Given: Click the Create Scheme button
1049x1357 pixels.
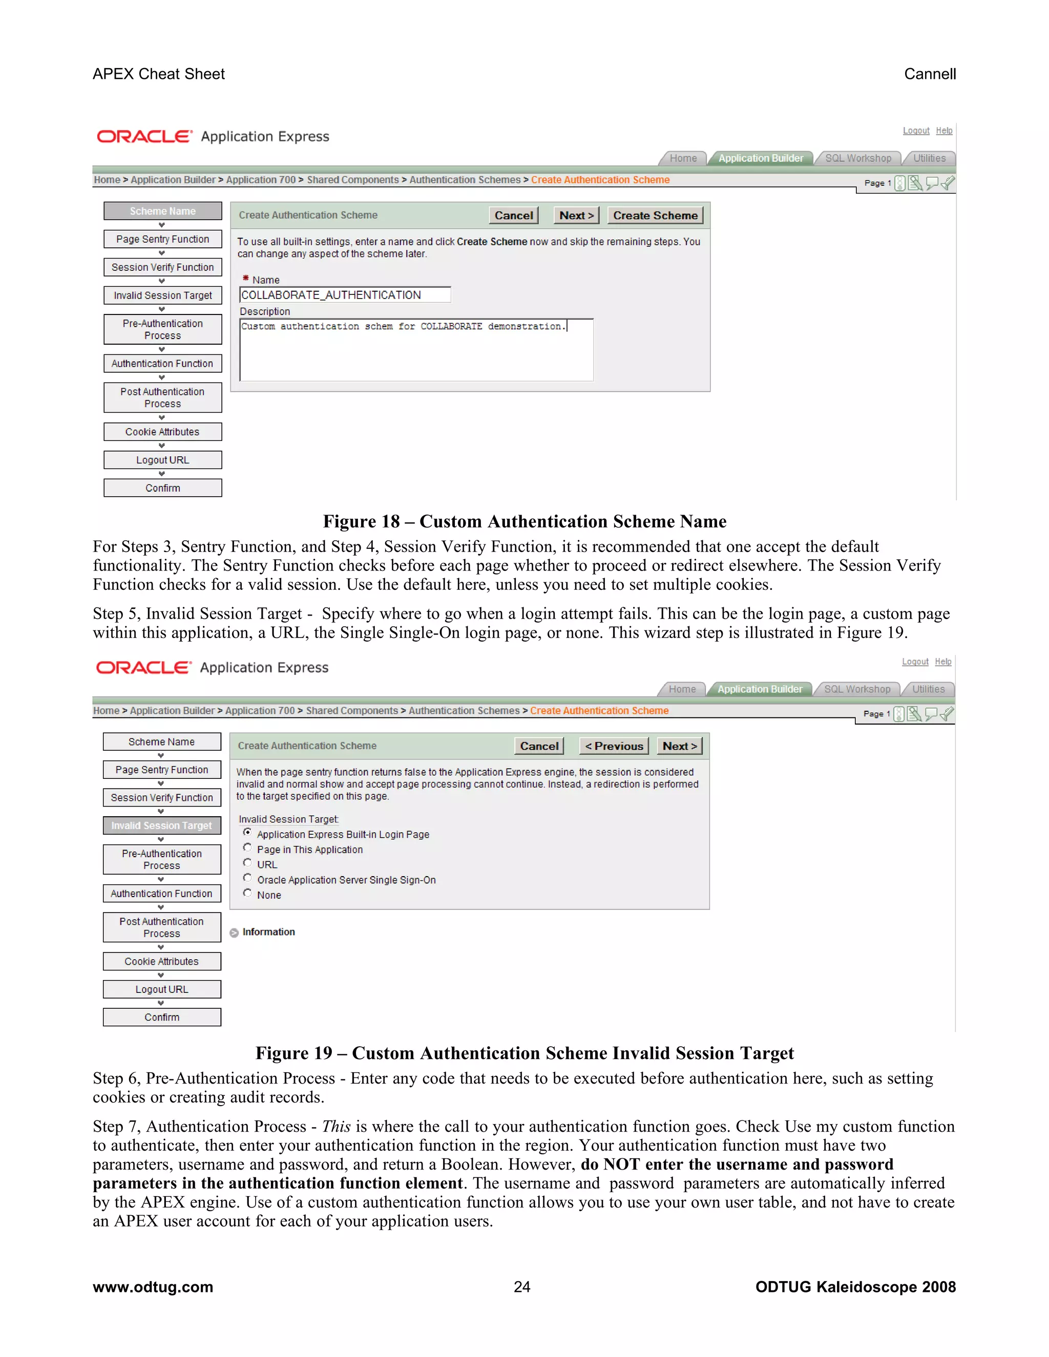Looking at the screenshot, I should (655, 216).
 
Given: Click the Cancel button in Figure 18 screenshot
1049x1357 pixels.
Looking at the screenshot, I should (513, 216).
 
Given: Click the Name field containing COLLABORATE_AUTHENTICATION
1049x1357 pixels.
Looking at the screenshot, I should (345, 295).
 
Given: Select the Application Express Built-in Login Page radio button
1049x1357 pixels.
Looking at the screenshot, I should (247, 833).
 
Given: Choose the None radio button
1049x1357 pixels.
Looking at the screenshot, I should (247, 893).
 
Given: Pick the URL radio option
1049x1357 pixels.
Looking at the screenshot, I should (247, 863).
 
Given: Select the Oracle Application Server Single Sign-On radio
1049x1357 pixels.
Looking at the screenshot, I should (247, 878).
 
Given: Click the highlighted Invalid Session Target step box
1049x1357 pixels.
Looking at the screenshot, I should (161, 825).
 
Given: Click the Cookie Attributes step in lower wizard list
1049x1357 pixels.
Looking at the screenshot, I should (161, 961).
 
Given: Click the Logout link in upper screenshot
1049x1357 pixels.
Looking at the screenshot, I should (916, 131).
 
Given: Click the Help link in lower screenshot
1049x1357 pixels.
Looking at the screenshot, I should (943, 662).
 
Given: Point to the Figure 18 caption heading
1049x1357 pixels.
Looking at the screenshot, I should (524, 521).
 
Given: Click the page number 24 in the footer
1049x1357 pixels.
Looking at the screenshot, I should (522, 1287).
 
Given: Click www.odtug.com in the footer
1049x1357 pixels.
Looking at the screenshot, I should (153, 1287).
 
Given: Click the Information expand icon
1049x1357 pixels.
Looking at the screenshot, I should (234, 932).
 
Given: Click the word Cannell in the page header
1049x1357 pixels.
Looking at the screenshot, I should (930, 74).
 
